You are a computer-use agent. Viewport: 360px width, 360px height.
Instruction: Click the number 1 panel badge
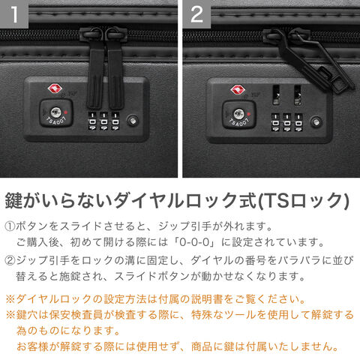point(14,14)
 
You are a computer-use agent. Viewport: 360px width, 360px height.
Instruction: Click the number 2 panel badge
point(196,14)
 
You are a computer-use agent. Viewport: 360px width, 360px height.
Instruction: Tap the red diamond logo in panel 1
point(55,88)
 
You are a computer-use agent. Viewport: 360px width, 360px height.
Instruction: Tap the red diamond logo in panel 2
point(238,89)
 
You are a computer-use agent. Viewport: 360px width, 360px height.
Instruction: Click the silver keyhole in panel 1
point(55,112)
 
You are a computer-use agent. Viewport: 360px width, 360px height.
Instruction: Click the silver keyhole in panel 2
point(238,114)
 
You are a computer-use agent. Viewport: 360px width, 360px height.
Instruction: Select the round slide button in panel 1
point(133,121)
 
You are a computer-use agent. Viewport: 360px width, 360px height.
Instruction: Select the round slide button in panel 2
point(316,121)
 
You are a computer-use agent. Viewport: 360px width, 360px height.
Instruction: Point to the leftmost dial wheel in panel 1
point(92,121)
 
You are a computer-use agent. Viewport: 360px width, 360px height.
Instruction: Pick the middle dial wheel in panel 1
point(103,121)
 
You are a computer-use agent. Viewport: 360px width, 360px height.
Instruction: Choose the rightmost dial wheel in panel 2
point(298,122)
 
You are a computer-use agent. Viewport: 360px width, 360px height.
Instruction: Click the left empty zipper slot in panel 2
point(276,94)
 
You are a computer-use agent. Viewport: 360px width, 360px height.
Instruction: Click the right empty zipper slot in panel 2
point(298,95)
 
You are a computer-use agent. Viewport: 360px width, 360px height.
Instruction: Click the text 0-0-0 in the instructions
point(194,241)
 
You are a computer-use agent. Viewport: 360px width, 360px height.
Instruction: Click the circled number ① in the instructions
point(10,226)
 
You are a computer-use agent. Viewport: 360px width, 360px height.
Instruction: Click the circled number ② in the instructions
point(10,260)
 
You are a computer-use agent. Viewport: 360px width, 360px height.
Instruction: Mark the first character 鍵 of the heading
point(14,200)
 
